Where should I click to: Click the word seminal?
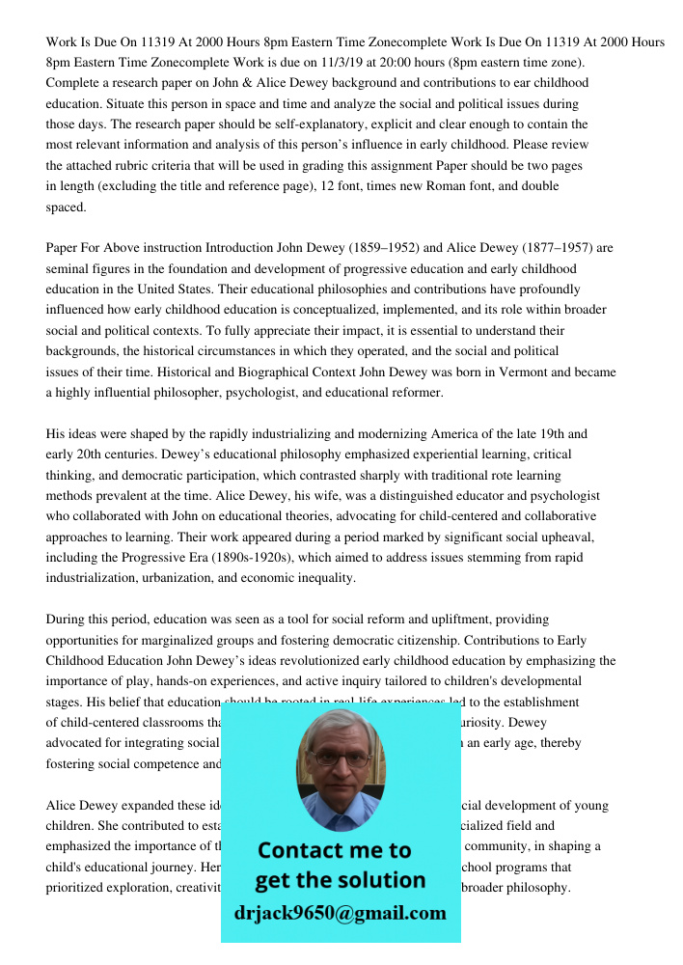click(68, 269)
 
